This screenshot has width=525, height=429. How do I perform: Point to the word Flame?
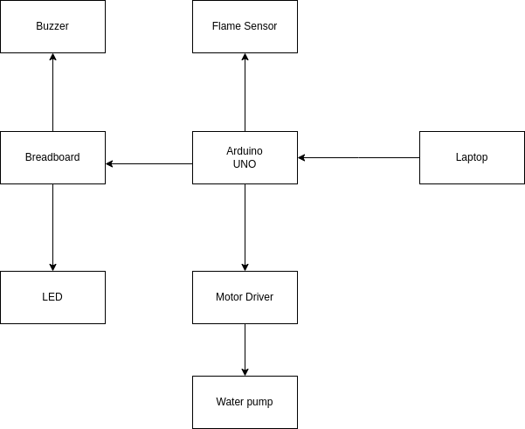pos(226,26)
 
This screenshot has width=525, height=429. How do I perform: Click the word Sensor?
pos(260,26)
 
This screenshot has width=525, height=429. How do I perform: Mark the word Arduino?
pos(245,151)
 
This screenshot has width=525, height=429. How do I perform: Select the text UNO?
pos(245,164)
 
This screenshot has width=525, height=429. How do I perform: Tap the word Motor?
pos(230,297)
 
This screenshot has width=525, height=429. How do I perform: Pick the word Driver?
pos(260,297)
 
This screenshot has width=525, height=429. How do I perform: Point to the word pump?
pos(260,403)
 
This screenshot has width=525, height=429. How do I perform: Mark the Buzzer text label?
pos(52,26)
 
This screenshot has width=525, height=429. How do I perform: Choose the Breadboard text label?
pos(52,157)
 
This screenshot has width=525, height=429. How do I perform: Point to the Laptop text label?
pos(472,157)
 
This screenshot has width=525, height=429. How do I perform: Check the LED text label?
pos(52,297)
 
